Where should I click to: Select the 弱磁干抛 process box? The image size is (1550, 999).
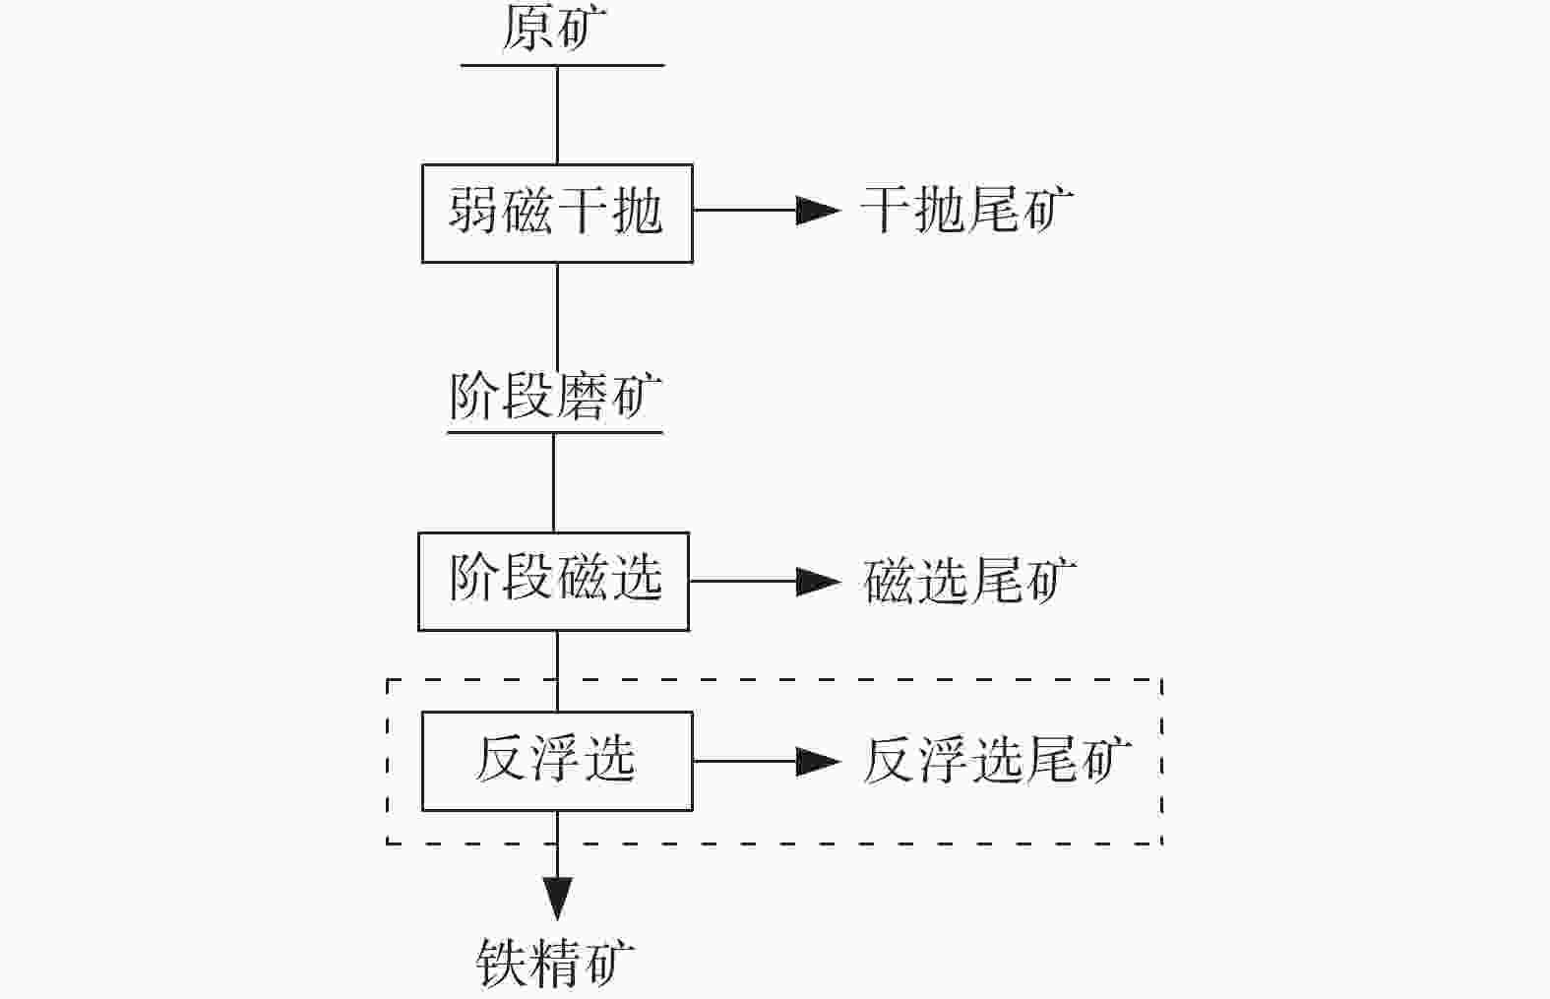(x=557, y=213)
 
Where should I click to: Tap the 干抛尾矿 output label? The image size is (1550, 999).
(x=966, y=210)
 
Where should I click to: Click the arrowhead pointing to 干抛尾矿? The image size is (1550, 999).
(x=818, y=210)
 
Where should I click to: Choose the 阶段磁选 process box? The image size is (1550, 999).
(x=553, y=581)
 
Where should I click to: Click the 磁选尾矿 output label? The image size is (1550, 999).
(x=969, y=581)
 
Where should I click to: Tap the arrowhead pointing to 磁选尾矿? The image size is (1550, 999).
(x=818, y=581)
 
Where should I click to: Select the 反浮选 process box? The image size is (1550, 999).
(x=557, y=761)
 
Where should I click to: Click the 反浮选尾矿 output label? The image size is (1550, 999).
(x=996, y=761)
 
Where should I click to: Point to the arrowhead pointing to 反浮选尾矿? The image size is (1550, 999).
(x=818, y=761)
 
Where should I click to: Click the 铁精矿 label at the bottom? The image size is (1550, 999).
(x=556, y=962)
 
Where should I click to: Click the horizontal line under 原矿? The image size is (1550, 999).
(x=562, y=66)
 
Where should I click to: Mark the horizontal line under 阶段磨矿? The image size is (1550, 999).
(x=555, y=432)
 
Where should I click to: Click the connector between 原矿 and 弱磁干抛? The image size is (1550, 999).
(x=558, y=115)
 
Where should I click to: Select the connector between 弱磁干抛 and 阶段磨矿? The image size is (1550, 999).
(x=558, y=315)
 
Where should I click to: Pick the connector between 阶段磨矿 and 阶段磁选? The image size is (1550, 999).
(x=553, y=482)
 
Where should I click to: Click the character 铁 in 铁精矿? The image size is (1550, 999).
(x=502, y=962)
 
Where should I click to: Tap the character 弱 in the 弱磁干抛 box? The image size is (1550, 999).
(x=473, y=212)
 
